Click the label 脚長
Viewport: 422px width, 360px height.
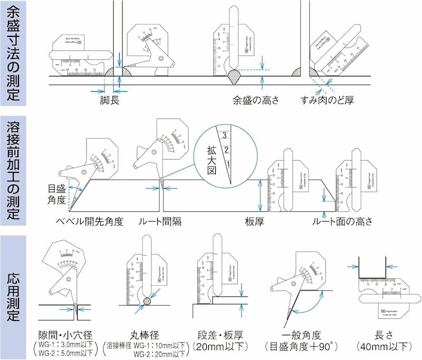point(110,100)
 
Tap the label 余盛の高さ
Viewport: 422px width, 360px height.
point(255,100)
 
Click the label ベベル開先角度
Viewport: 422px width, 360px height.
point(90,221)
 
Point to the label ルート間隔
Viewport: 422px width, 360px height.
point(160,221)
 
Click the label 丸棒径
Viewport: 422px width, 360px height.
point(146,334)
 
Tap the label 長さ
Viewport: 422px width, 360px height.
point(383,334)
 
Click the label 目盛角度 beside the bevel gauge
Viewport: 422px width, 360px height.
point(57,193)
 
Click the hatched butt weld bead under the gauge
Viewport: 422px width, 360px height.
point(233,77)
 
